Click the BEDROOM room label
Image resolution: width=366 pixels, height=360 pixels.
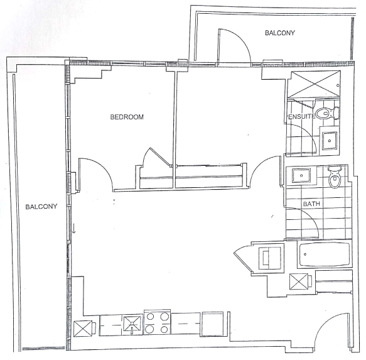(127, 117)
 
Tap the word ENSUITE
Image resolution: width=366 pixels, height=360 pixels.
(302, 116)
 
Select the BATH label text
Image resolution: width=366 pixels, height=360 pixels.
(311, 204)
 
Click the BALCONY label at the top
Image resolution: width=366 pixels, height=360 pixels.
(280, 33)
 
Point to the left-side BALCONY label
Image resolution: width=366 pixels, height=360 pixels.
(41, 207)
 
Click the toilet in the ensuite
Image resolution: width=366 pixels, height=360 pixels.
(327, 113)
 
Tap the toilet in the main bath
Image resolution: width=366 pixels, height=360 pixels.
(335, 177)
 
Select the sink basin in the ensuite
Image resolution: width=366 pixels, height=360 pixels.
(330, 140)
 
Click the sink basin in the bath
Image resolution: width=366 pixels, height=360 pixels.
(301, 175)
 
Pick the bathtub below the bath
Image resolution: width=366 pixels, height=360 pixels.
(325, 255)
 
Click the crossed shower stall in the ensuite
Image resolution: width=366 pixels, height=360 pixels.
(314, 84)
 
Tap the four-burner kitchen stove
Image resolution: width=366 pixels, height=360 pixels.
(157, 323)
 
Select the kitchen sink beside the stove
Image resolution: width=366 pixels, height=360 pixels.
(132, 324)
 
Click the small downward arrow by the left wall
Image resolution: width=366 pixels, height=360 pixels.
(73, 228)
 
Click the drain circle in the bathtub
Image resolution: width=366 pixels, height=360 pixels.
(305, 254)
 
